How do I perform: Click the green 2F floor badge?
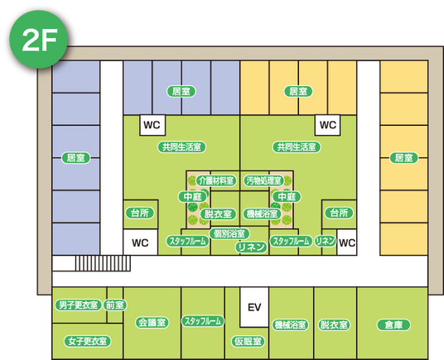(x=38, y=39)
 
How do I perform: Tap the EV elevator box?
(x=254, y=307)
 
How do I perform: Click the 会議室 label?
(x=152, y=323)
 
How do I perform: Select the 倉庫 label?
(x=393, y=325)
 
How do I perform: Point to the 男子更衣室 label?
(x=78, y=305)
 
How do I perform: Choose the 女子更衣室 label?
(x=88, y=341)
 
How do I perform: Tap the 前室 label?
(x=114, y=305)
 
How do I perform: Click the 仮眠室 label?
(x=248, y=341)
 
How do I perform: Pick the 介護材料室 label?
(x=216, y=180)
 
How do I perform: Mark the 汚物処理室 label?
(x=263, y=180)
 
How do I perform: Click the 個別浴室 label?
(x=229, y=233)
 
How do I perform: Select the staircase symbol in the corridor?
(x=103, y=263)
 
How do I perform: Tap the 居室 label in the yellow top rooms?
(x=298, y=91)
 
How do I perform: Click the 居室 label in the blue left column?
(x=76, y=157)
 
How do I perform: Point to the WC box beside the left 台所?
(x=141, y=242)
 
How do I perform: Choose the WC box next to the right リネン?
(x=347, y=242)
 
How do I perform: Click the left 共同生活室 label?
(x=181, y=147)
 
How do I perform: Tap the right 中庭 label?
(x=287, y=196)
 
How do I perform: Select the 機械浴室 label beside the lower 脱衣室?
(x=290, y=325)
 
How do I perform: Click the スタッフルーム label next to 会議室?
(x=203, y=321)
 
